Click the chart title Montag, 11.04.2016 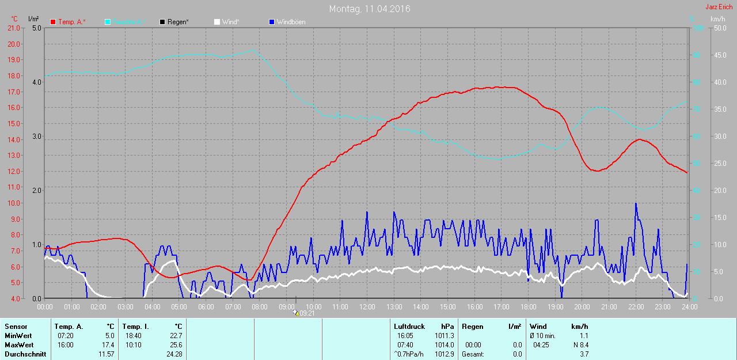(x=370, y=9)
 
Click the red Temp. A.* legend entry (x=68, y=22)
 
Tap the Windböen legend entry (x=291, y=22)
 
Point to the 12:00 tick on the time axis (x=367, y=306)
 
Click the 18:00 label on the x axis (x=528, y=306)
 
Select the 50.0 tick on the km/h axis (x=719, y=28)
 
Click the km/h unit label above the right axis (x=717, y=19)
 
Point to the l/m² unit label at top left (x=33, y=19)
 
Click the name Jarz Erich (x=719, y=7)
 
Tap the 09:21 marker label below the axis (x=307, y=313)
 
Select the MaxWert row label (x=18, y=344)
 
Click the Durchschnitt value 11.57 (x=106, y=354)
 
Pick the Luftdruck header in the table (x=409, y=327)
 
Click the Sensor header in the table (x=16, y=327)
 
